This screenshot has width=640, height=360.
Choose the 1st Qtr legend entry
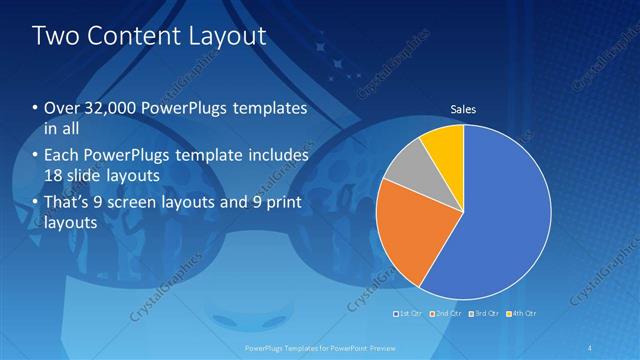point(407,314)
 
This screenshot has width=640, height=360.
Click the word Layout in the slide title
point(229,37)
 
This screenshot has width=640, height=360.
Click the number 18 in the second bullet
point(54,177)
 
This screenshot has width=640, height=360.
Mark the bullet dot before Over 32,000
point(36,108)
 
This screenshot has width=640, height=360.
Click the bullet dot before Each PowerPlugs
point(36,156)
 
